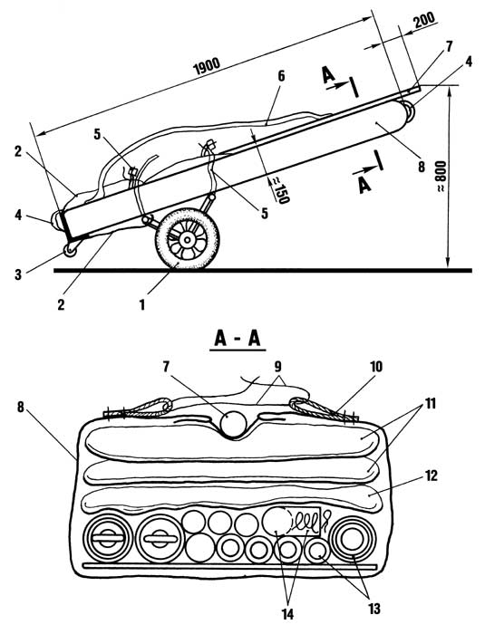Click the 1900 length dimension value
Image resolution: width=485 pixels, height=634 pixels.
pyautogui.click(x=207, y=66)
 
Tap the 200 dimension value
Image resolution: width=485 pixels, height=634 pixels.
pyautogui.click(x=424, y=19)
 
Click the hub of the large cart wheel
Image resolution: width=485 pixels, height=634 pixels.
pyautogui.click(x=187, y=240)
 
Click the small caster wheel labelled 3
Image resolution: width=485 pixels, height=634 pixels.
pyautogui.click(x=70, y=251)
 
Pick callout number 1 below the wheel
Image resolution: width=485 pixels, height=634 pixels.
pyautogui.click(x=141, y=304)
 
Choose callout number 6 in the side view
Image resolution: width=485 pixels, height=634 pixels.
pyautogui.click(x=281, y=76)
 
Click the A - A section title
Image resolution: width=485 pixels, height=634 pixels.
pyautogui.click(x=238, y=339)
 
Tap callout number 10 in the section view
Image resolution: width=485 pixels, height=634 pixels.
pyautogui.click(x=375, y=367)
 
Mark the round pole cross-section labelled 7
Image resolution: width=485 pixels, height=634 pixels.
pyautogui.click(x=233, y=425)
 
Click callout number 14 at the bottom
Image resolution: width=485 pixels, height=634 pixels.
pyautogui.click(x=287, y=614)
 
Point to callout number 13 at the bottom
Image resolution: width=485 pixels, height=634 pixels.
pyautogui.click(x=373, y=609)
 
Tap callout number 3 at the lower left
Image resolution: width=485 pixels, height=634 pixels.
pyautogui.click(x=18, y=274)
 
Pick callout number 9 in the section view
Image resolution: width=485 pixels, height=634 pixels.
pyautogui.click(x=277, y=367)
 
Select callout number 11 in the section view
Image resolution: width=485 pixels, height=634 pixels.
pyautogui.click(x=430, y=403)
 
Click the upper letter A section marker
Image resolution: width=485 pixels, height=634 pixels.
pyautogui.click(x=329, y=75)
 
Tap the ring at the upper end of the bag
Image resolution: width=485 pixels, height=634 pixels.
pyautogui.click(x=408, y=110)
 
